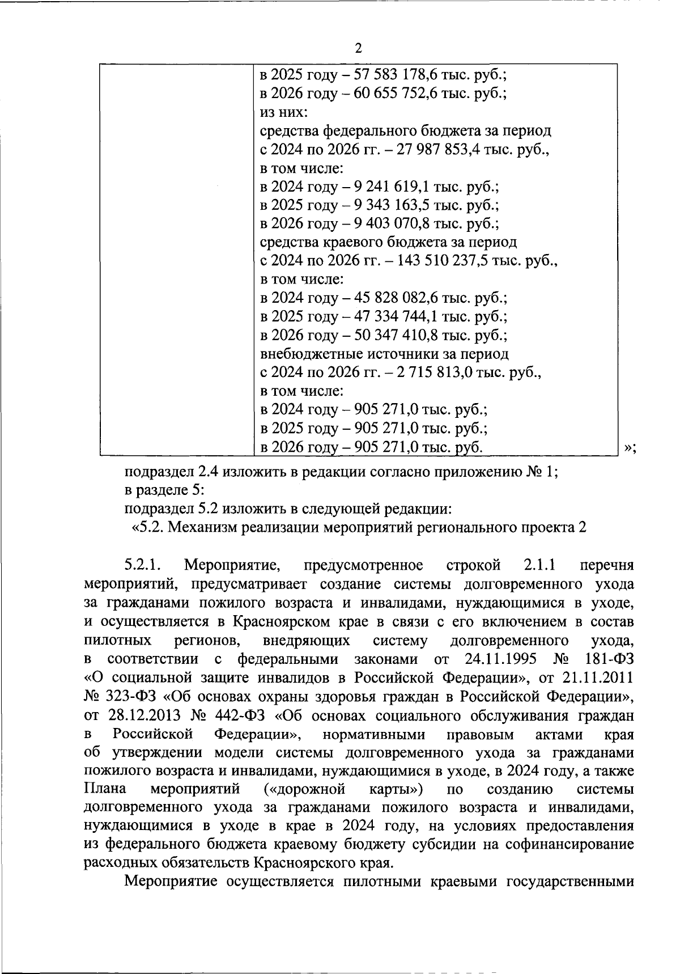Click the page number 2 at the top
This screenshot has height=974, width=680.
pos(358,49)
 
